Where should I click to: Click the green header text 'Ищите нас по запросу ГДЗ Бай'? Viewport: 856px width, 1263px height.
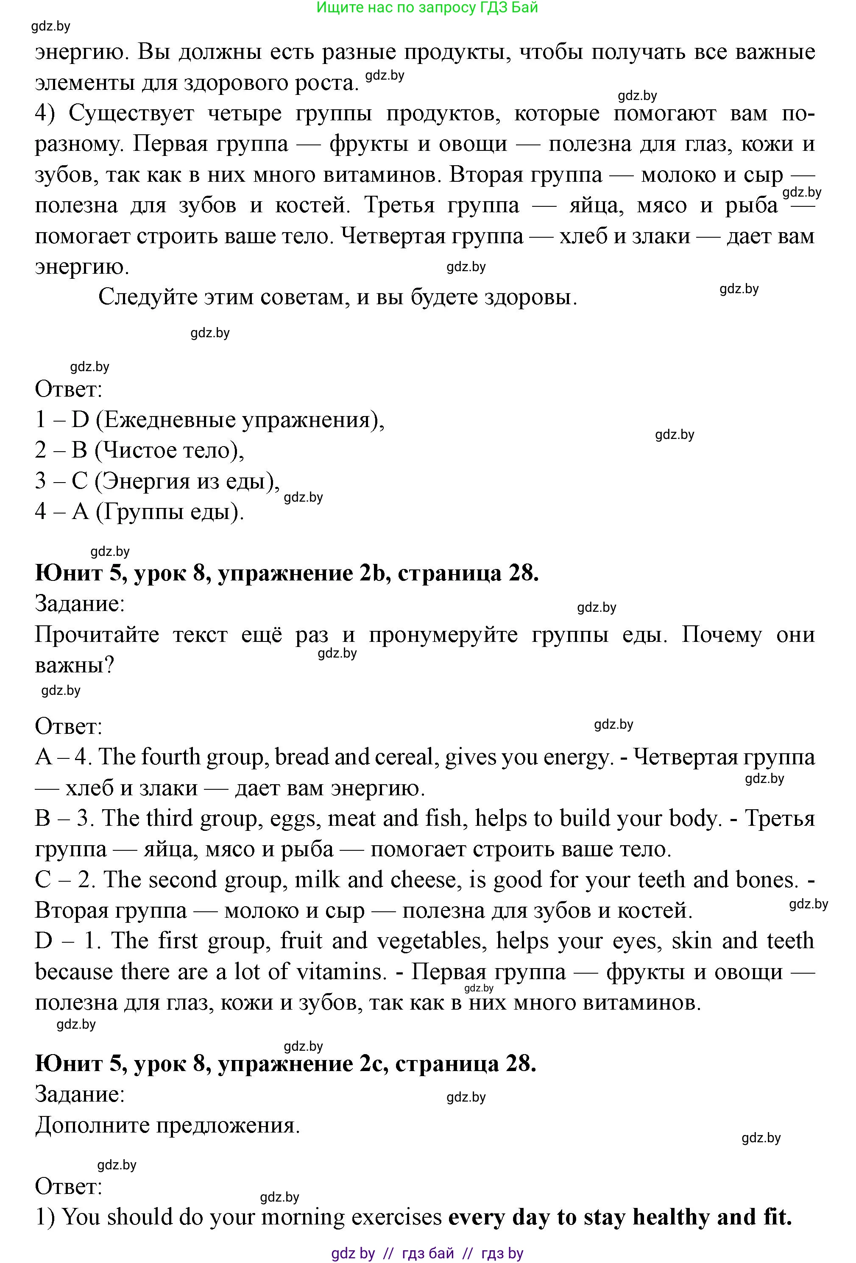click(427, 8)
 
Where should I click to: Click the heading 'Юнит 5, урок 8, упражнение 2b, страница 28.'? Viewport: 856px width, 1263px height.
click(287, 573)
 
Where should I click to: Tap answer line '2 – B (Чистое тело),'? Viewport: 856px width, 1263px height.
click(140, 450)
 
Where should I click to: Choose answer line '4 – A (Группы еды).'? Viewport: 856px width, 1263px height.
click(139, 511)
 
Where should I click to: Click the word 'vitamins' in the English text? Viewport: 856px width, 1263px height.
click(340, 972)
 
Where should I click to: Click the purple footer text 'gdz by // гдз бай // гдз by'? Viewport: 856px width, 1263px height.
click(427, 1253)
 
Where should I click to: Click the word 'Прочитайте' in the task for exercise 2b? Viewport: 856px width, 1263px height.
click(97, 634)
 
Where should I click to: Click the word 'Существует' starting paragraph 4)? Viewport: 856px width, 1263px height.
click(131, 114)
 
